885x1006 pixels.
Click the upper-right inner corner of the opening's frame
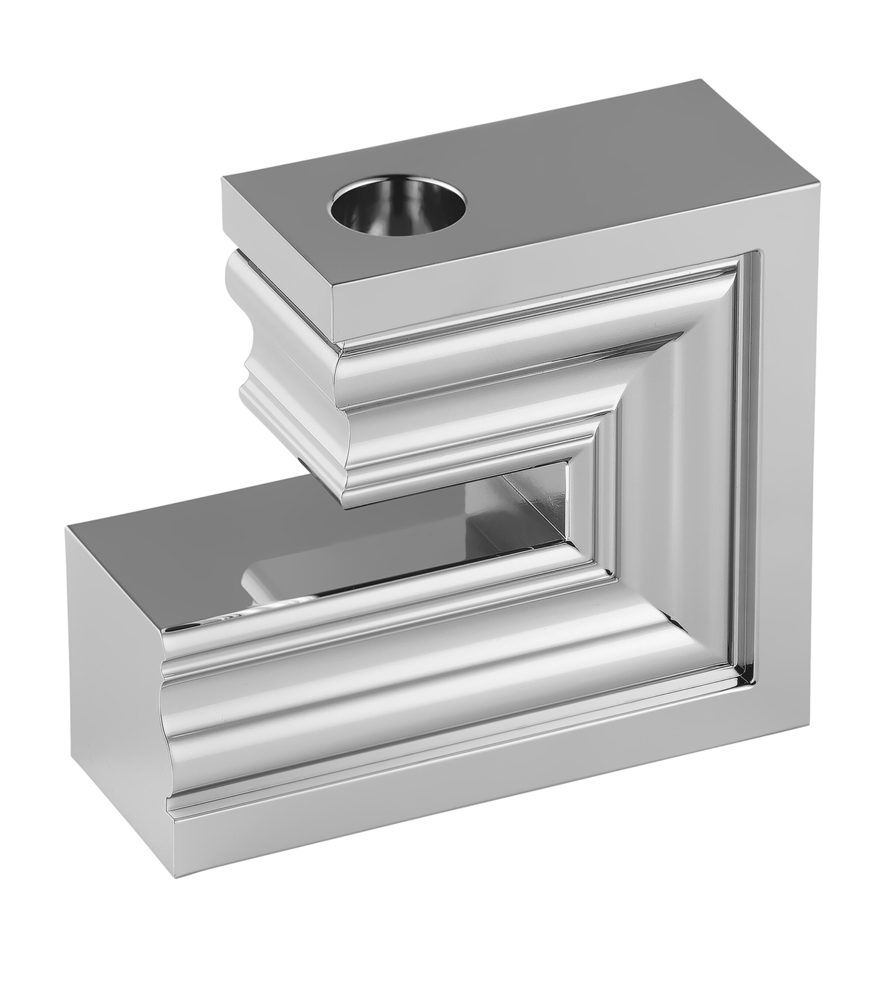tap(571, 463)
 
